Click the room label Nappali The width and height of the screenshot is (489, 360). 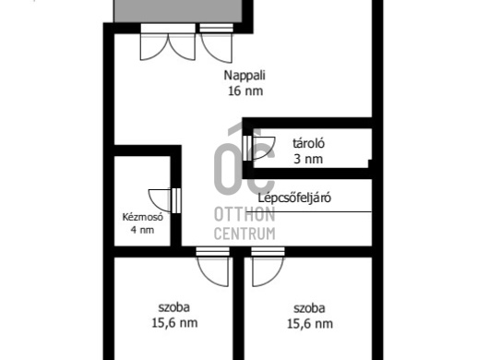(244, 77)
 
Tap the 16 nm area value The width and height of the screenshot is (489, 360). (244, 91)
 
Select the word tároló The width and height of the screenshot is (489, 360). (308, 144)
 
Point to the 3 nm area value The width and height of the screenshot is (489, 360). (308, 159)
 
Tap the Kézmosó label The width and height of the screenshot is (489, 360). (141, 218)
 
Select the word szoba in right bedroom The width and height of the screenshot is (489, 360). (309, 307)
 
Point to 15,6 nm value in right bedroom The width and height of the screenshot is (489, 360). (309, 323)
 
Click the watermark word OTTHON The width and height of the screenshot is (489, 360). (244, 214)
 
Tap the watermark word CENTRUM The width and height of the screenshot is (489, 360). (244, 234)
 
